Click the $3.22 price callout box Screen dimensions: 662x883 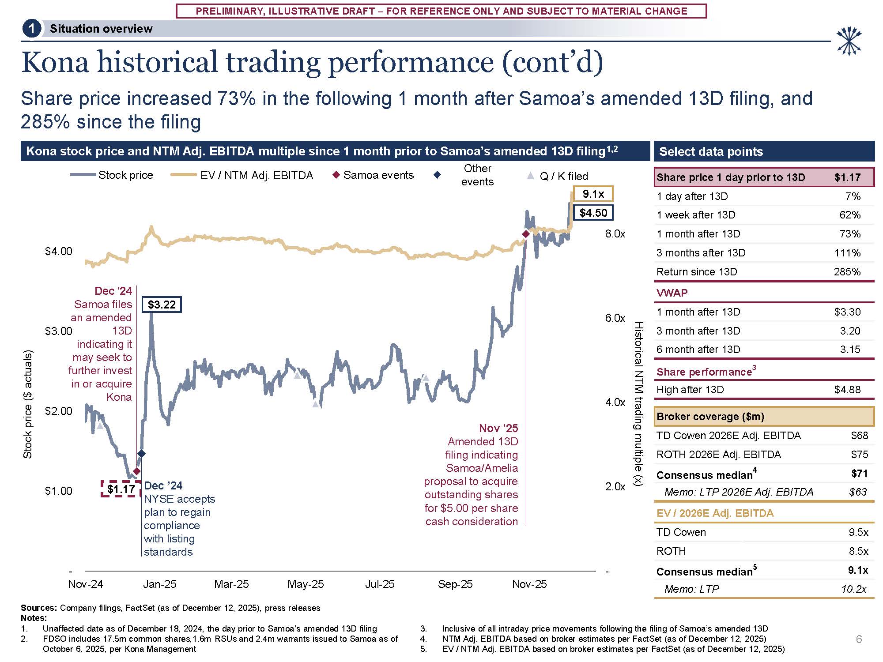[x=162, y=305]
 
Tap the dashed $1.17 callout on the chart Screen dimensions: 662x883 [x=121, y=489]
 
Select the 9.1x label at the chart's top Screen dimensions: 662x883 [x=593, y=194]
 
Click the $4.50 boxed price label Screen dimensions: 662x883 [x=593, y=213]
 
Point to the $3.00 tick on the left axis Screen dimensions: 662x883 [x=58, y=331]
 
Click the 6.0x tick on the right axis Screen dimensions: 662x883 [x=615, y=318]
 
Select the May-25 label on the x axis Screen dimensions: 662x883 [x=306, y=584]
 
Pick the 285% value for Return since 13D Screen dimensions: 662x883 [x=847, y=272]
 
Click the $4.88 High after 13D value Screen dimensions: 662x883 [x=847, y=390]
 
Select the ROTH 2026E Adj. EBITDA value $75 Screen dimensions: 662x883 [x=859, y=455]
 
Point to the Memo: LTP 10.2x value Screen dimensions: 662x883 [x=853, y=589]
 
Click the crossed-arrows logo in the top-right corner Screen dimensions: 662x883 [x=849, y=41]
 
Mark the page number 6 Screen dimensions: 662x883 [x=859, y=639]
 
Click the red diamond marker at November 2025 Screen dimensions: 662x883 [x=525, y=234]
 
